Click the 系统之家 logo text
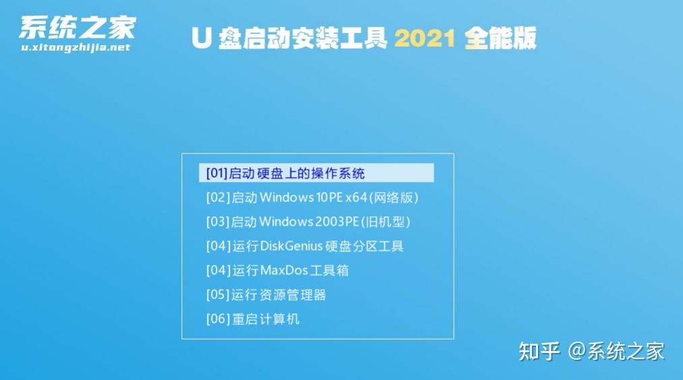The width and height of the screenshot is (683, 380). (78, 28)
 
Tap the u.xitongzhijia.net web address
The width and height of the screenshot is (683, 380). (76, 47)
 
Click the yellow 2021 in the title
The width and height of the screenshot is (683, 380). (425, 38)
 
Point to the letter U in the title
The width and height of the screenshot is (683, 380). (202, 38)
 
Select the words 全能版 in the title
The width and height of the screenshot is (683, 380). (500, 38)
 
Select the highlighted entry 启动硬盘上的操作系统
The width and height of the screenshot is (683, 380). (297, 173)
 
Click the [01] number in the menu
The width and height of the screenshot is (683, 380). (217, 173)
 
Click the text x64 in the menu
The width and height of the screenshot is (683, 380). (356, 197)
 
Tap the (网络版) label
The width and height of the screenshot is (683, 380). (393, 197)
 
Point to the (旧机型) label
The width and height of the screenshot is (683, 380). (385, 222)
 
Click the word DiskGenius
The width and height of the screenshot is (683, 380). (291, 247)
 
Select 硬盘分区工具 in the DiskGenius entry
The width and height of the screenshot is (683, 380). (364, 247)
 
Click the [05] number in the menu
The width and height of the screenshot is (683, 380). (217, 295)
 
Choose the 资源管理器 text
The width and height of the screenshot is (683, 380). (293, 295)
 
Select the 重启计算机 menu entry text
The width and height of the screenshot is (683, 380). (265, 319)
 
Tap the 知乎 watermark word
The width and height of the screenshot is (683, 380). (539, 351)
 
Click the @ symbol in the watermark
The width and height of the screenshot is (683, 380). (576, 351)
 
